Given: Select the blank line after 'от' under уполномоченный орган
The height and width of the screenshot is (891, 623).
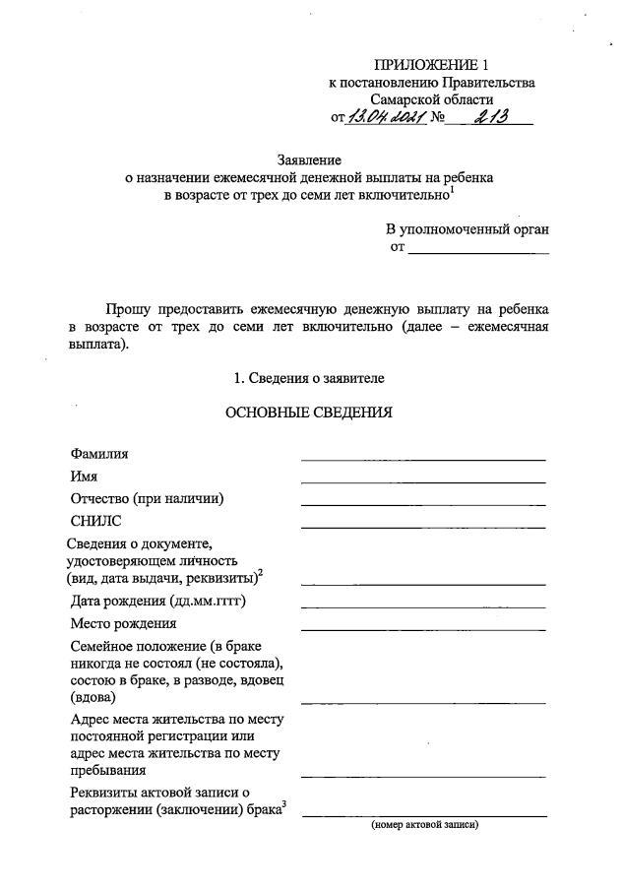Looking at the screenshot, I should click(478, 253).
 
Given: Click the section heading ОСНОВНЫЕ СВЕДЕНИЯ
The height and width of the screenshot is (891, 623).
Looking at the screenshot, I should click(309, 413).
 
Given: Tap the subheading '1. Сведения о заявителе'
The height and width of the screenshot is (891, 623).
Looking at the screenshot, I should click(309, 377).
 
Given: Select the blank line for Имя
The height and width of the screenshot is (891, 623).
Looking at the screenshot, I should click(423, 481).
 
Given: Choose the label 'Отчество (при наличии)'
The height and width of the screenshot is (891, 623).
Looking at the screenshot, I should click(148, 498).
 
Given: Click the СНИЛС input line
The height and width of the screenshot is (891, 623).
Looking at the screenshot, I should click(423, 527).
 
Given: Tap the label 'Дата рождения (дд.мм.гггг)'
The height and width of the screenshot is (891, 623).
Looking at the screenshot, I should click(157, 601).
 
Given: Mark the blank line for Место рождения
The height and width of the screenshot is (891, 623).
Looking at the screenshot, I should click(423, 628).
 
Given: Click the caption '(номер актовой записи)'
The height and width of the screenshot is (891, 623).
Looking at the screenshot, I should click(424, 825).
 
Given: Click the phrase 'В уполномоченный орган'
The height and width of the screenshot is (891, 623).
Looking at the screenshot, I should click(467, 228).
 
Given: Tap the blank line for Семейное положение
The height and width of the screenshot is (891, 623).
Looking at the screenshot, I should click(423, 702).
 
